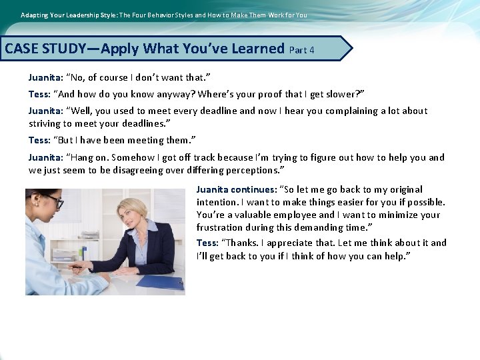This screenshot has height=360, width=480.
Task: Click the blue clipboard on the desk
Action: coord(160,281)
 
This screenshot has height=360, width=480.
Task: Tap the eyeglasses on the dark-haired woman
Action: coord(53,200)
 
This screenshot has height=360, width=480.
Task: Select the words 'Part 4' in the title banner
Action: coord(302,50)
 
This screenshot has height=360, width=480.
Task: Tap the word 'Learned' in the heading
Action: coord(257,49)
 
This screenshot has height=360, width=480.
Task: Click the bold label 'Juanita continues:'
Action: coord(236,189)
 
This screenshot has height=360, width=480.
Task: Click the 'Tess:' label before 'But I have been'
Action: coord(39,140)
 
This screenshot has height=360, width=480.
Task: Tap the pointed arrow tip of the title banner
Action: coord(350,48)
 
